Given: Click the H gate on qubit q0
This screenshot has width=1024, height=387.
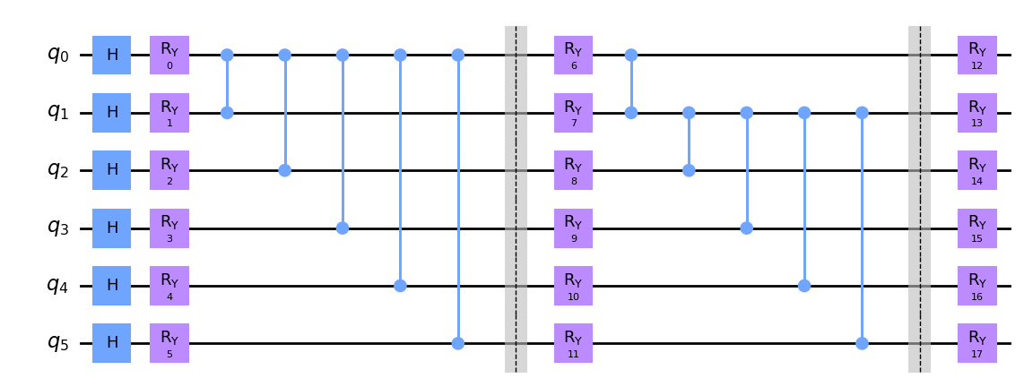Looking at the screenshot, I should click(x=112, y=56).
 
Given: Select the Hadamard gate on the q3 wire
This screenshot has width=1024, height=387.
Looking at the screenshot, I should click(x=112, y=228).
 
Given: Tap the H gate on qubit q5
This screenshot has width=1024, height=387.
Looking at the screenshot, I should click(x=112, y=343).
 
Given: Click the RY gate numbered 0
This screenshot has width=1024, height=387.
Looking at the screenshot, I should click(x=169, y=56).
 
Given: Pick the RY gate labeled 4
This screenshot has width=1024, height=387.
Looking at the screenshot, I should click(x=169, y=286).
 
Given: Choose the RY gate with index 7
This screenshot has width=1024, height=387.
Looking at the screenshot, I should click(x=573, y=113).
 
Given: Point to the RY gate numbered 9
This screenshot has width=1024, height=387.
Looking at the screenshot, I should click(x=573, y=228).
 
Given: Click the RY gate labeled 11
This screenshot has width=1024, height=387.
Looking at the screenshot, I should click(x=573, y=343).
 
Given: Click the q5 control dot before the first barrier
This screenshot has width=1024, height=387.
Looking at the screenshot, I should click(x=458, y=343).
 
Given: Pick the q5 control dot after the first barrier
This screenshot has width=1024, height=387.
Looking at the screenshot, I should click(x=862, y=343).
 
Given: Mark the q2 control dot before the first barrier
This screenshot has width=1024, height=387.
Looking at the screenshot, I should click(x=285, y=170).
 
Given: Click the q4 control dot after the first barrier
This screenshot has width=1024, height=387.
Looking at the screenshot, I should click(x=804, y=286).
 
